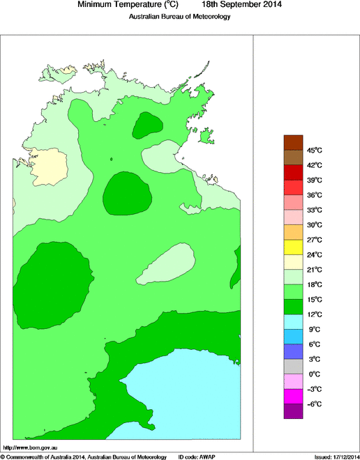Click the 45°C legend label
[315, 151]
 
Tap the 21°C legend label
[314, 270]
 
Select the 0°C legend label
[314, 374]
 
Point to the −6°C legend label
[314, 404]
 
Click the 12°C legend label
[314, 314]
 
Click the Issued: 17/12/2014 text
[336, 457]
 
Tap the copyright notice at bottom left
[83, 457]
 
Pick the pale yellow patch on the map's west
[51, 165]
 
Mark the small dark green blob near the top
[147, 125]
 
